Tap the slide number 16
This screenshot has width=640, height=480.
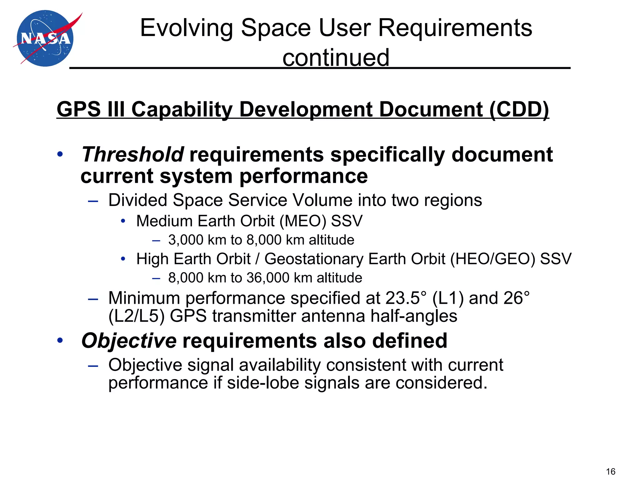610,471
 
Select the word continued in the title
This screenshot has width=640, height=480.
336,58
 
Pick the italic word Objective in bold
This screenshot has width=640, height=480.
129,341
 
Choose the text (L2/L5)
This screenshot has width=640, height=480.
136,316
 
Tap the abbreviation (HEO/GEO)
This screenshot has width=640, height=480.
492,259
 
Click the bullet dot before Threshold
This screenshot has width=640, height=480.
60,154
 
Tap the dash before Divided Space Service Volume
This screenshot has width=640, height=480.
93,201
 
